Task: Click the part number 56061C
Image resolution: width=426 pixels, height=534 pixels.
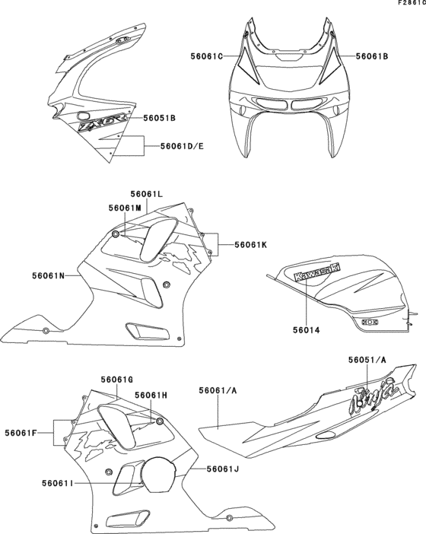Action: pos(207,56)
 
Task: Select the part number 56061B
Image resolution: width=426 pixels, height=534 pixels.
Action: pos(373,56)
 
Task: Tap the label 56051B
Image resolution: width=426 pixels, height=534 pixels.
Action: pos(160,118)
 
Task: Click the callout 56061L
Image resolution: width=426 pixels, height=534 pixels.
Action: pos(146,195)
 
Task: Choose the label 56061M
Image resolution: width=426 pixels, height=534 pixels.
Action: pos(124,208)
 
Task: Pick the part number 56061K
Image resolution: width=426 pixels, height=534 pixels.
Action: pos(250,244)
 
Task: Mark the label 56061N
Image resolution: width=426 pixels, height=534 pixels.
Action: pos(49,275)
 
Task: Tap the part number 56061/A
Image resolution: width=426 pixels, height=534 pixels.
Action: pos(218,389)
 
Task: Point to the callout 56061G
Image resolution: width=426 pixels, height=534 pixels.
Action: pos(117,378)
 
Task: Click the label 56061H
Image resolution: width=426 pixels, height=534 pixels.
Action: pos(151,395)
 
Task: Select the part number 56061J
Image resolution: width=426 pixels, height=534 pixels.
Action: pos(223,469)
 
